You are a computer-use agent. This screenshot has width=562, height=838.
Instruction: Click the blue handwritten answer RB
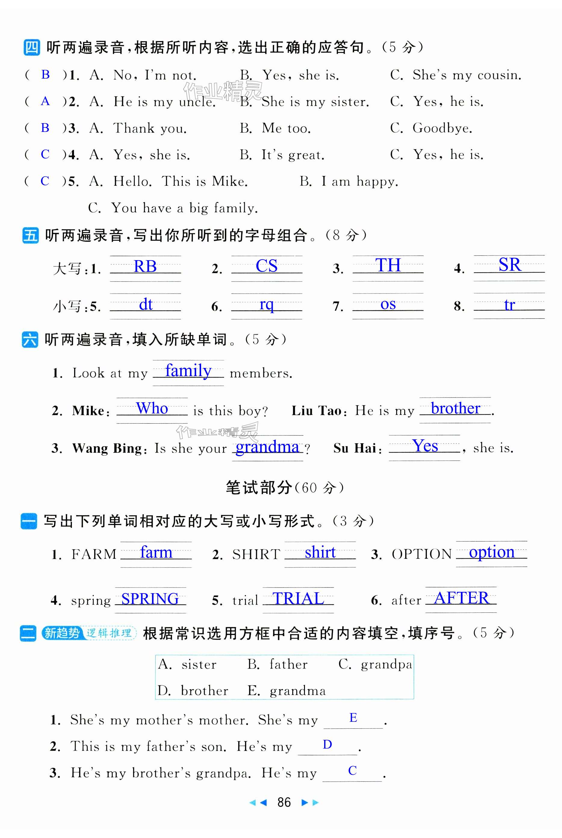[x=145, y=266]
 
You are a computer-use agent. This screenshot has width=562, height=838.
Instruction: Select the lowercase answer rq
[x=266, y=305]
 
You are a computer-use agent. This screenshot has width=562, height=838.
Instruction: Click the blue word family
[x=188, y=371]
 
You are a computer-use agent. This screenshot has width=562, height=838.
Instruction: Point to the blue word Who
[x=152, y=408]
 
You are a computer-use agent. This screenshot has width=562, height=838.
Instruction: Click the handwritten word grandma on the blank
[x=267, y=447]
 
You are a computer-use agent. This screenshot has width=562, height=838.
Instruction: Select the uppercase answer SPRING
[x=150, y=599]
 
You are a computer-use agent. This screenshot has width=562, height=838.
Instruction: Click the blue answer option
[x=492, y=552]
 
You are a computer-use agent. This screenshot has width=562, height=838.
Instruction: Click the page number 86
[x=284, y=802]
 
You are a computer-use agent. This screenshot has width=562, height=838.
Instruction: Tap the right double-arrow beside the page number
[x=310, y=802]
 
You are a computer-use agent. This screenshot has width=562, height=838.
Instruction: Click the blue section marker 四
[x=32, y=48]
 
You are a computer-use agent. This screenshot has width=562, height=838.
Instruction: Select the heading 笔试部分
[x=258, y=488]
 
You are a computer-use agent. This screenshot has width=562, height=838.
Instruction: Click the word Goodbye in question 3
[x=442, y=128]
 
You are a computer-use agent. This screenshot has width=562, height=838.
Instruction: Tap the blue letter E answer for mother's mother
[x=353, y=718]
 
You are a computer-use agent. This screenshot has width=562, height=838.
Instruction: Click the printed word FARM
[x=94, y=554]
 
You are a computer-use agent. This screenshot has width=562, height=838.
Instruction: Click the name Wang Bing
[x=107, y=448]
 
